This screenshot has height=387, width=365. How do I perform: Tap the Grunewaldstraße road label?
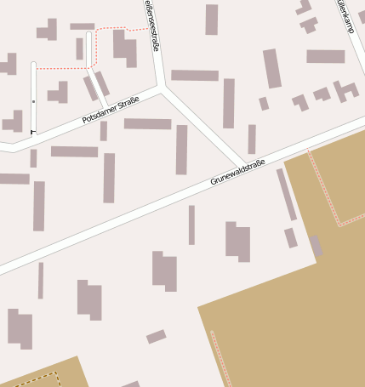(x=238, y=173)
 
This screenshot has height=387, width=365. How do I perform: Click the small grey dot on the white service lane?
(x=33, y=101)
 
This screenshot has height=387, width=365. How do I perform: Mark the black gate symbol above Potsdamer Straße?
(x=33, y=132)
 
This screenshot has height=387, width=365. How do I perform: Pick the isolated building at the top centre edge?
(x=211, y=20)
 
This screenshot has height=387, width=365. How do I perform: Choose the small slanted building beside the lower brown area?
(x=156, y=337)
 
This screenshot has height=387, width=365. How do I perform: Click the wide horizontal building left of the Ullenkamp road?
(x=326, y=56)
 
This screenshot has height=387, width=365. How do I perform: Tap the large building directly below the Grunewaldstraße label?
(x=238, y=241)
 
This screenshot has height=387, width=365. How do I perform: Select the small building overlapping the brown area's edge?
(x=316, y=246)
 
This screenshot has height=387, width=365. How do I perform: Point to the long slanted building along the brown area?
(x=286, y=194)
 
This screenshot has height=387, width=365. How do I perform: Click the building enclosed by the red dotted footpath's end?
(x=124, y=48)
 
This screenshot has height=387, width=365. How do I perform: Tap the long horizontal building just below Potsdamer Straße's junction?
(x=147, y=123)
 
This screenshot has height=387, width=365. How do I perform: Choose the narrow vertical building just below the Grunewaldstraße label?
(x=191, y=225)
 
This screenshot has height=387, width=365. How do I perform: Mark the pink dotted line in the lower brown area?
(x=220, y=357)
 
